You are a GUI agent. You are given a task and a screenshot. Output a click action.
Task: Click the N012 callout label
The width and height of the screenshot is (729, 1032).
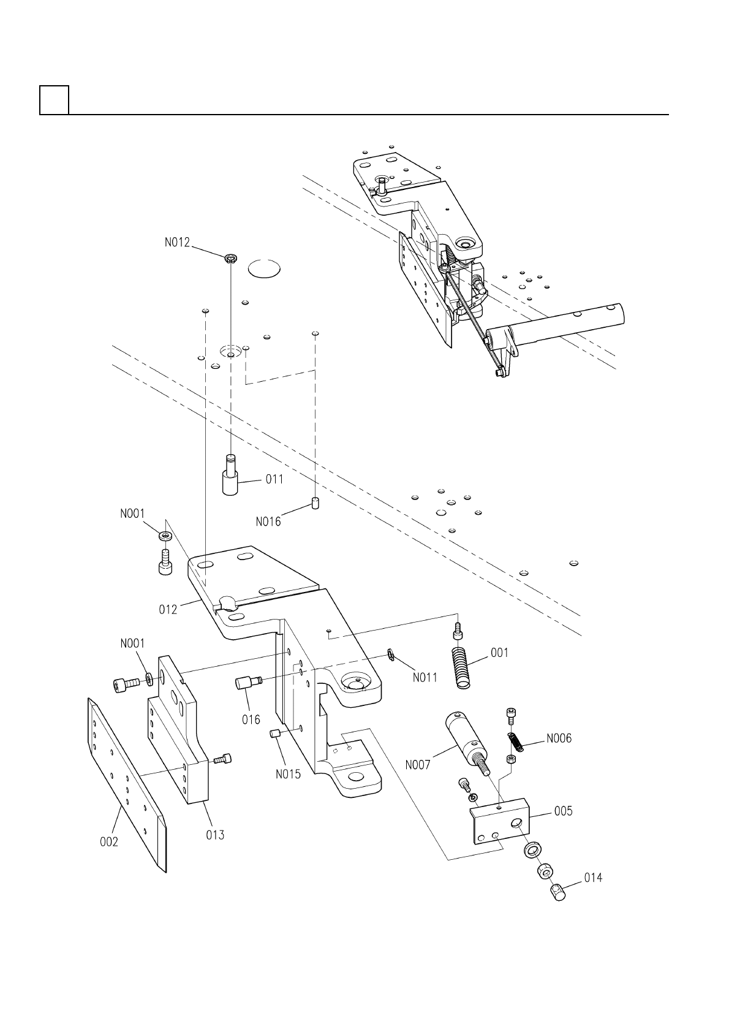[x=177, y=243]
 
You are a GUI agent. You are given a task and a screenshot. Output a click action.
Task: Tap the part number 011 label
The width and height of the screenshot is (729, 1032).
[x=274, y=479]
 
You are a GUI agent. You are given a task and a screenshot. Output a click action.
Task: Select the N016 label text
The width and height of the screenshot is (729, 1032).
[x=268, y=522]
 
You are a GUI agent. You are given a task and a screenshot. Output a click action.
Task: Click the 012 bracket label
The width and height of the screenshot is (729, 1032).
[x=168, y=610]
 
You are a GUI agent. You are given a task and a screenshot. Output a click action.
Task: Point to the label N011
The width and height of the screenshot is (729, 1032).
[x=425, y=678]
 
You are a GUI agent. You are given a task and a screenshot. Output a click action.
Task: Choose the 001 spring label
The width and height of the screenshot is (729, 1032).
[x=499, y=653]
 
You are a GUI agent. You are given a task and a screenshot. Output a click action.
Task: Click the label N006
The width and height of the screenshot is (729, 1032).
[x=559, y=738]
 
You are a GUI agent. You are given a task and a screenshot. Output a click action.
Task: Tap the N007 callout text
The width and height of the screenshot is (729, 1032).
[x=418, y=765]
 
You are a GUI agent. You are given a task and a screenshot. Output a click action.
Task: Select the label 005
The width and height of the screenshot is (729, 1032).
[x=563, y=811]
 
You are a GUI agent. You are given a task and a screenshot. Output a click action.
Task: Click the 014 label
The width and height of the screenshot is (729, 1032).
[x=592, y=878]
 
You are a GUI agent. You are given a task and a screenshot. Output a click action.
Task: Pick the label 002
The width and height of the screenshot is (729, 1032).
[x=109, y=843]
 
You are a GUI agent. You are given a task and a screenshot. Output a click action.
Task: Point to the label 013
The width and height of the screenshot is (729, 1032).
[x=215, y=835]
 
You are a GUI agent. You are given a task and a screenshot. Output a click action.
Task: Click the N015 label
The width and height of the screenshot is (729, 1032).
[x=288, y=774]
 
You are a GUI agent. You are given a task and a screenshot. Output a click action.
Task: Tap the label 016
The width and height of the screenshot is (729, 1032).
[x=251, y=719]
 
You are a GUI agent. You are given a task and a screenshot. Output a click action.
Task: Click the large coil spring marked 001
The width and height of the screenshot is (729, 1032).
[x=464, y=667]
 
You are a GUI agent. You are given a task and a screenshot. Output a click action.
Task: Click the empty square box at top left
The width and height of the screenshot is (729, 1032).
[x=54, y=100]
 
